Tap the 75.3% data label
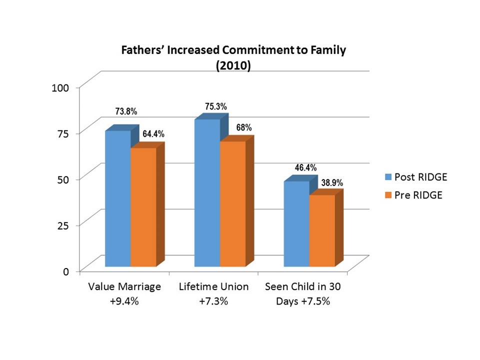(216, 106)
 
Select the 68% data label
(244, 128)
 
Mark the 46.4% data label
(305, 168)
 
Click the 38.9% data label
(332, 183)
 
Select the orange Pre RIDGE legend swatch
(388, 195)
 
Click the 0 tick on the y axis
(65, 271)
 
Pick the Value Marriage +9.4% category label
(124, 294)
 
